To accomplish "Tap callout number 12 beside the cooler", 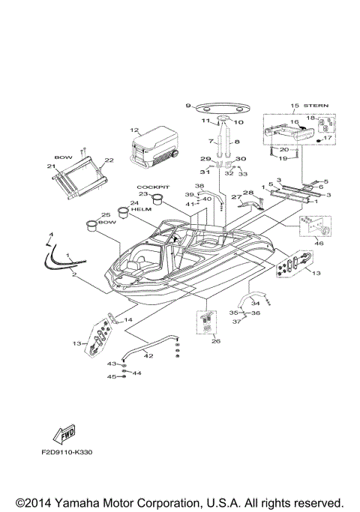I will click(134, 131).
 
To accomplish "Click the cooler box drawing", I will click(153, 148).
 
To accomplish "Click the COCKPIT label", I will click(150, 186).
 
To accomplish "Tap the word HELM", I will click(141, 209).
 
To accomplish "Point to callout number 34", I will click(254, 303).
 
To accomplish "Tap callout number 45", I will click(110, 377).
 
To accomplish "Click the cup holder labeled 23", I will click(158, 199).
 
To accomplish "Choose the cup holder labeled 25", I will click(91, 224).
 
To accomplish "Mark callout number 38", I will click(199, 186).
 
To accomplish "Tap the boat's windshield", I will click(171, 233).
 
